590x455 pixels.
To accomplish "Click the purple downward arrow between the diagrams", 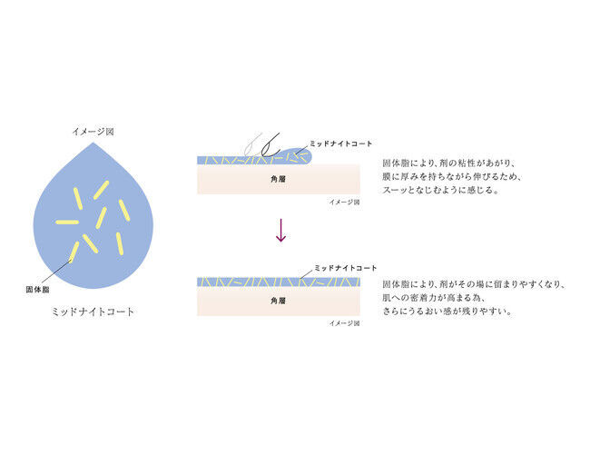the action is coord(280,230).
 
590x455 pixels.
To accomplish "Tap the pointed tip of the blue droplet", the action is coord(93,143).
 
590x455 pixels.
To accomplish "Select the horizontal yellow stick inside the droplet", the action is coord(67,222).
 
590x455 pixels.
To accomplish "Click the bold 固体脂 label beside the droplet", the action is coord(37,289).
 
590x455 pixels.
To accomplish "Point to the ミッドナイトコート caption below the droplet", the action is coord(93,312).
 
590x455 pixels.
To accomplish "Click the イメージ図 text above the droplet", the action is coord(93,132).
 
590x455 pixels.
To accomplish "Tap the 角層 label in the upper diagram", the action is coord(278,179).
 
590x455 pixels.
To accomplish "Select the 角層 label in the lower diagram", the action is coord(278,301).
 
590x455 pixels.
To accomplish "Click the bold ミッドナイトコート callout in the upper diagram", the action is coord(341,143).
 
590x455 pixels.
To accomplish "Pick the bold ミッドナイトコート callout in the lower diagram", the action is coord(346,268).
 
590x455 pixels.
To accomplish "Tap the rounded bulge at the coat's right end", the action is coord(304,155).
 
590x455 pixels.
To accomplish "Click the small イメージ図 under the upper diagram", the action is coord(344,203).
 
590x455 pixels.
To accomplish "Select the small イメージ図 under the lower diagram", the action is coord(344,323).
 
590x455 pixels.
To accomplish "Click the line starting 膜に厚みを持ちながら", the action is coord(452,176).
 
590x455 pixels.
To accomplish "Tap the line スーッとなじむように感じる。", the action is coord(441,190).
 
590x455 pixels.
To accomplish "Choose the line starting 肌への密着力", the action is coord(434,298).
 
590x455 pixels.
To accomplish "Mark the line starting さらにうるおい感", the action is coord(447,312).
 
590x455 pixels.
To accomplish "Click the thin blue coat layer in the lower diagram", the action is coord(279,282).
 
